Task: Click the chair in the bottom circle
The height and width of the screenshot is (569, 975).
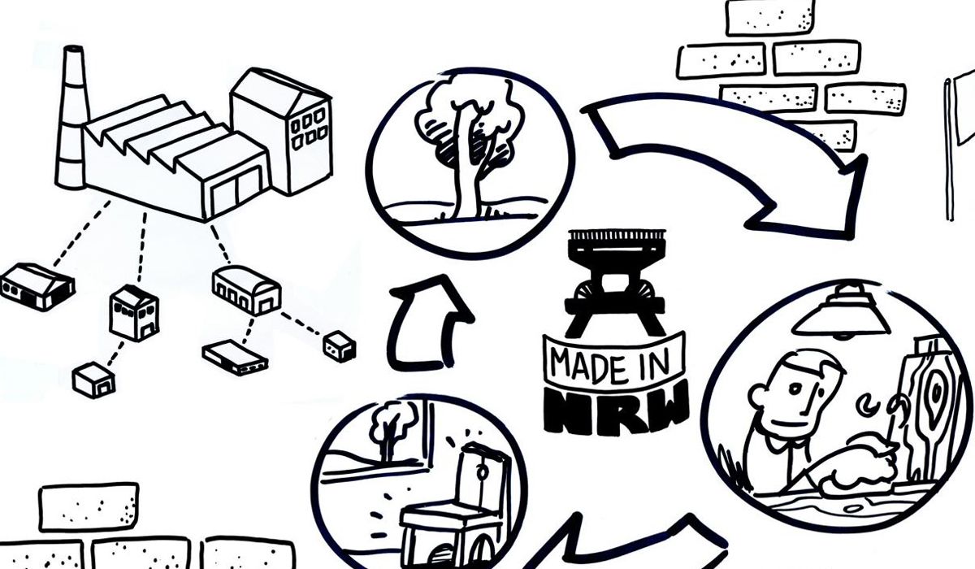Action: (455, 504)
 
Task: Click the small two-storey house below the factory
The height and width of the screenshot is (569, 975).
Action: (134, 313)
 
